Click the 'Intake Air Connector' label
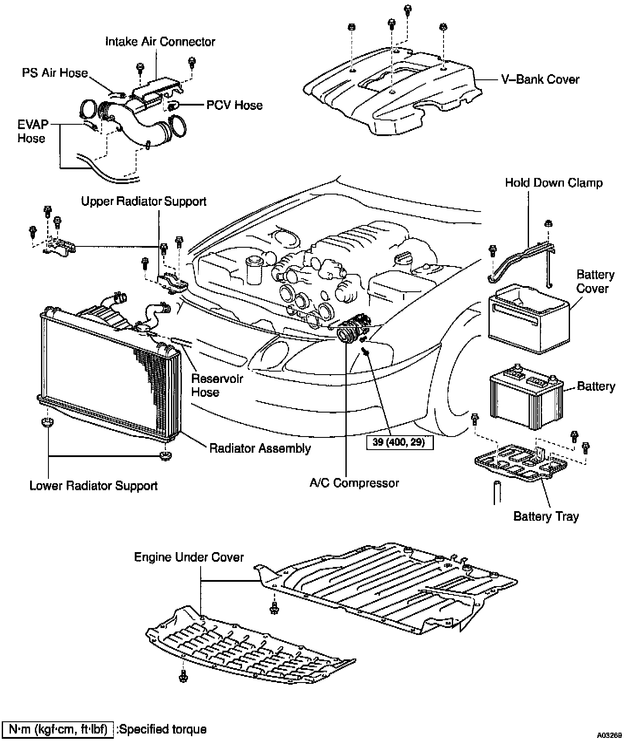(x=160, y=42)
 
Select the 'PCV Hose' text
(x=235, y=105)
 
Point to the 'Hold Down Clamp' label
(x=553, y=183)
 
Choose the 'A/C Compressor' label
(x=354, y=483)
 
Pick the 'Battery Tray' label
(x=546, y=516)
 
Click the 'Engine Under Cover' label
(x=189, y=557)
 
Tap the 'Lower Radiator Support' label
(x=93, y=486)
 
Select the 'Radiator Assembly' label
(x=260, y=448)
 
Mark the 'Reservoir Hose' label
(x=211, y=385)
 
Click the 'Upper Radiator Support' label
(x=143, y=201)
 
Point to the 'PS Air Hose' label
(x=55, y=73)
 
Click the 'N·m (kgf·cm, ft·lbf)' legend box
(x=58, y=729)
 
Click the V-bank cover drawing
(x=393, y=94)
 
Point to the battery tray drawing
(x=521, y=463)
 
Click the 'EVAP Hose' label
(x=32, y=131)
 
